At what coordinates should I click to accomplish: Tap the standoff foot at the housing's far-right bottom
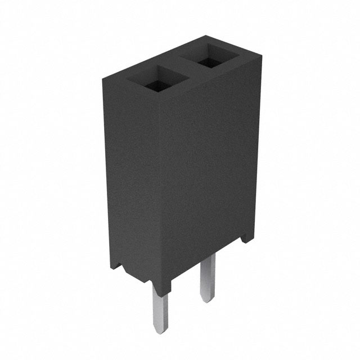click(246, 238)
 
